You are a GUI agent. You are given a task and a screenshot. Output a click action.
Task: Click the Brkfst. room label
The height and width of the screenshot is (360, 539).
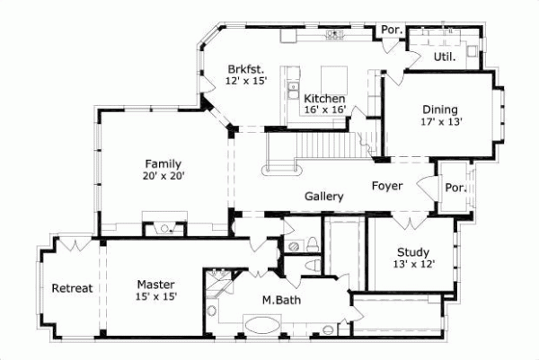pos(243,67)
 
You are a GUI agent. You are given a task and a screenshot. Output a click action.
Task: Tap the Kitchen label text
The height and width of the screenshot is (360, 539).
pos(323,99)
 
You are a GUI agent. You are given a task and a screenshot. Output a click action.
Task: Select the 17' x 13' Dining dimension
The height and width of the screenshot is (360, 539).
pos(441,123)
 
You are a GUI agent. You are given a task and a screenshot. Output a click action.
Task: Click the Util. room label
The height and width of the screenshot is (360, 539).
pos(444,56)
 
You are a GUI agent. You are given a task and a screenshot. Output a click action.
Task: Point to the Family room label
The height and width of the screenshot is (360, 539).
pos(163,164)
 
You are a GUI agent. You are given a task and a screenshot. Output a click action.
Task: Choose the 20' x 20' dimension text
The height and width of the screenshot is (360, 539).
pos(163,177)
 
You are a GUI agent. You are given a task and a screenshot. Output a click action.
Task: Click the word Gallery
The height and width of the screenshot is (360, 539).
pos(324,196)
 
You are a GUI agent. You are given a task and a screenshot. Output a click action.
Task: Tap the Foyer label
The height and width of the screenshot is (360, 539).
pos(387,186)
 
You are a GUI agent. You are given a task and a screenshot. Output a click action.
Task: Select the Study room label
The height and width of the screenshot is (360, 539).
pos(412,252)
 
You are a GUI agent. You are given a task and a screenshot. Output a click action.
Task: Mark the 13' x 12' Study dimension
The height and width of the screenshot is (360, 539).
pos(412,265)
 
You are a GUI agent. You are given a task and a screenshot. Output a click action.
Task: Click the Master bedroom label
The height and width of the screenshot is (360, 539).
pos(156,283)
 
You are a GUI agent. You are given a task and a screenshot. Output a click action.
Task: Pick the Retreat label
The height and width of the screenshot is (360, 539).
pos(71,288)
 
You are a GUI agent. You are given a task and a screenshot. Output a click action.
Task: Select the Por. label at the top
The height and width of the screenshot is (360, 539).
pos(390,29)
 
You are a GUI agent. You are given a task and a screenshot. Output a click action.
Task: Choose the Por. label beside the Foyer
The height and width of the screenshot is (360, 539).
pos(455,189)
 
